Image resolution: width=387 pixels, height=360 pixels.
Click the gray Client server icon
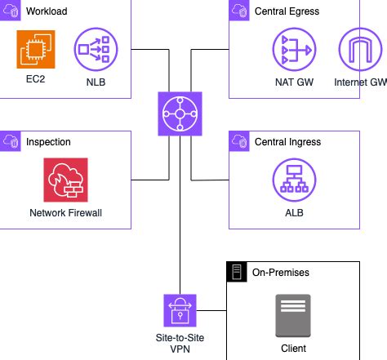(x=292, y=318)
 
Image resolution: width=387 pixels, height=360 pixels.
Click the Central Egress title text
(x=287, y=11)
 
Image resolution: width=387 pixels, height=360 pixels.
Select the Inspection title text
(x=48, y=142)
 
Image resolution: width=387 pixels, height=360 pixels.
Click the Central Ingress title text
(x=288, y=142)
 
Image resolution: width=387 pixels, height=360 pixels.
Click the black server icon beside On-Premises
(x=236, y=272)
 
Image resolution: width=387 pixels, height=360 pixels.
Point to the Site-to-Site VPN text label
(x=179, y=343)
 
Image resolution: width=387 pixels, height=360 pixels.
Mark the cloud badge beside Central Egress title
(x=238, y=11)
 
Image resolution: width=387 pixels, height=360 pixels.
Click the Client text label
(x=292, y=349)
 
